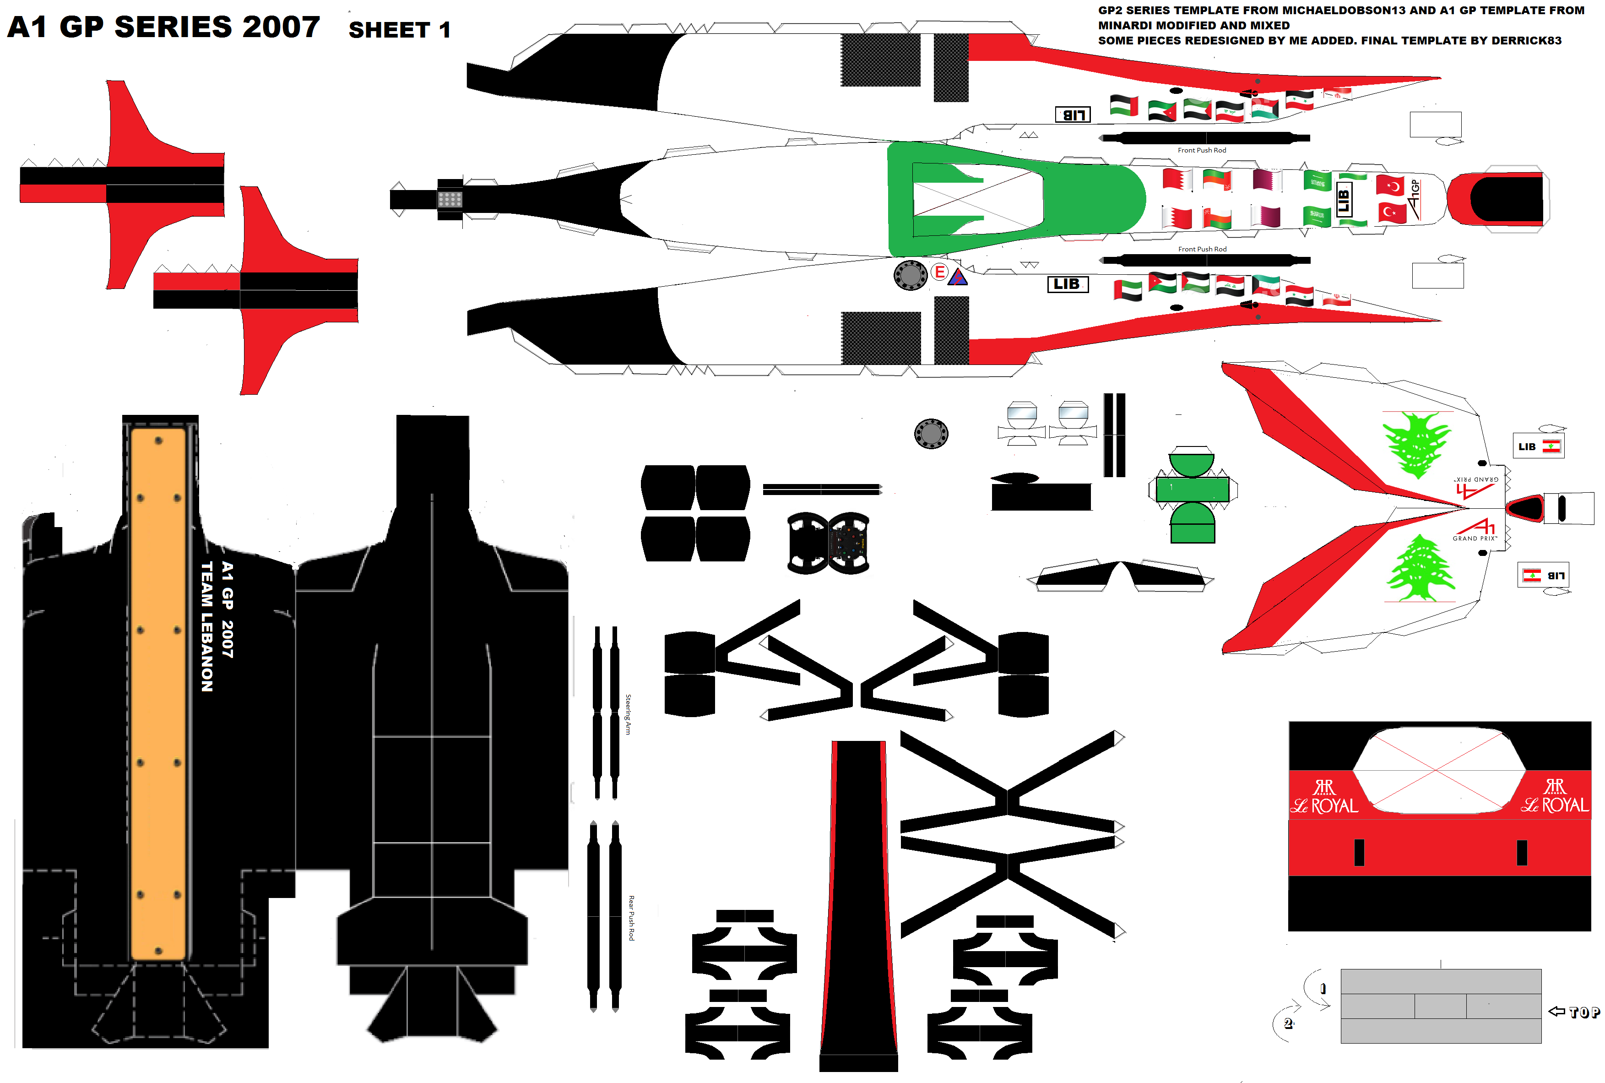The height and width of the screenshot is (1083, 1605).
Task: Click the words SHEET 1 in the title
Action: pos(399,30)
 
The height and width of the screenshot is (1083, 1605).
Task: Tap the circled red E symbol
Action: pos(939,272)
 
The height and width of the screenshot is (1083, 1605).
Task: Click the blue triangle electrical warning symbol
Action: pos(958,278)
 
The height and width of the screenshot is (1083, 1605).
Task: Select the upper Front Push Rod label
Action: pos(1201,150)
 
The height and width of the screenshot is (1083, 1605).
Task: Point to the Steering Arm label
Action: pos(628,714)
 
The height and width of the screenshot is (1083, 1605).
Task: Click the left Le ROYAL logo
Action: pos(1324,798)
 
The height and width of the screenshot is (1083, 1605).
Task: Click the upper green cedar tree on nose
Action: pos(1416,444)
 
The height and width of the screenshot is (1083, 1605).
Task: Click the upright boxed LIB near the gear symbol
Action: pos(1067,284)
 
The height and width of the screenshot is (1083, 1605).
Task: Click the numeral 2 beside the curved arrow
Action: pos(1287,1023)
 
